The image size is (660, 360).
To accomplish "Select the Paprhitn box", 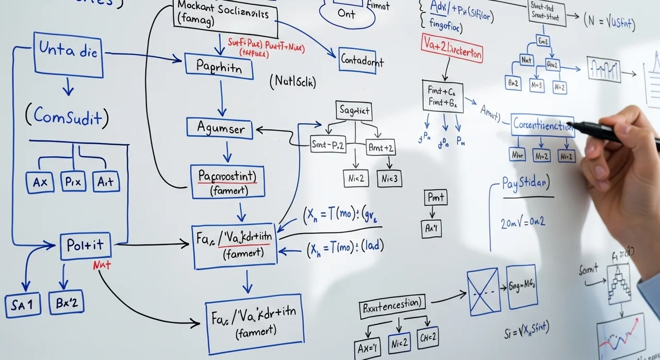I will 219,67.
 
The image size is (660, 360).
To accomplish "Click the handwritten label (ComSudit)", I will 67,117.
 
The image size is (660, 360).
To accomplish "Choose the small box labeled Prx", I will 73,181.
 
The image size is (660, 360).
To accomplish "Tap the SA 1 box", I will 22,305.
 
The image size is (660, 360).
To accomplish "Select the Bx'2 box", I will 66,303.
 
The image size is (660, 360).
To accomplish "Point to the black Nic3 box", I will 389,178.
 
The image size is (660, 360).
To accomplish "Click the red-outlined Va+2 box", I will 452,51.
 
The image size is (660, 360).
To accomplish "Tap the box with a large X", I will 483,291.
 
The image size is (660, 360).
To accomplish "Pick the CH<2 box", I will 428,337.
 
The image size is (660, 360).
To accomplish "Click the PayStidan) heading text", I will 525,184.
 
